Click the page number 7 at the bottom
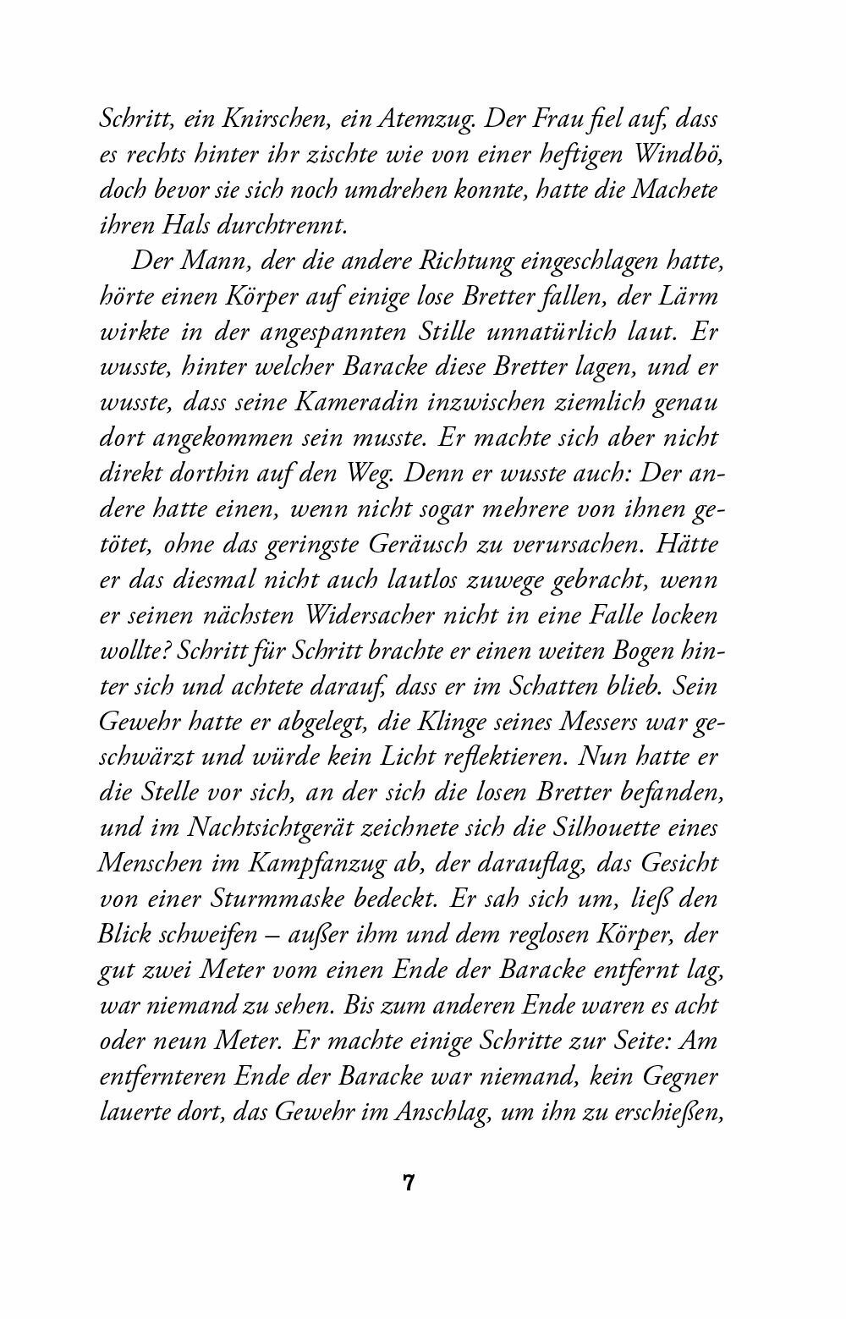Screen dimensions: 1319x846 click(409, 1182)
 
